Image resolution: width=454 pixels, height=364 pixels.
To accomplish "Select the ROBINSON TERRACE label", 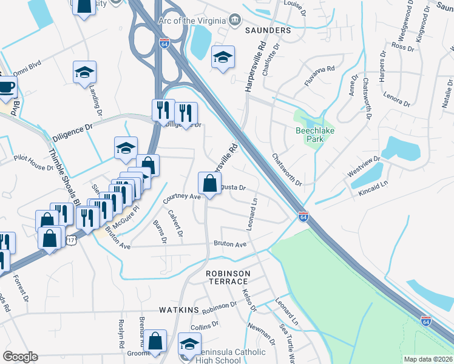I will (228, 277).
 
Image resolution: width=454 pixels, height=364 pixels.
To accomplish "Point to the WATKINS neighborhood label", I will (179, 310).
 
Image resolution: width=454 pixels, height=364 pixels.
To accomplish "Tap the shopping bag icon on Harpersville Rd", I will (209, 183).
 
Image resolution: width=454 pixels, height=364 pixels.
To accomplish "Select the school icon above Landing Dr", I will (84, 72).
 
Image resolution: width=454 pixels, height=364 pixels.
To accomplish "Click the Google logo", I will (20, 356).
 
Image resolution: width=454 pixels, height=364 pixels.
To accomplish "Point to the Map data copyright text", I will (428, 359).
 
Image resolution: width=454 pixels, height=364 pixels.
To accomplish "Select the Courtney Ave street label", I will (181, 197).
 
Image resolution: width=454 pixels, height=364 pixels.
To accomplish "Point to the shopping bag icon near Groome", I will (155, 341).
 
